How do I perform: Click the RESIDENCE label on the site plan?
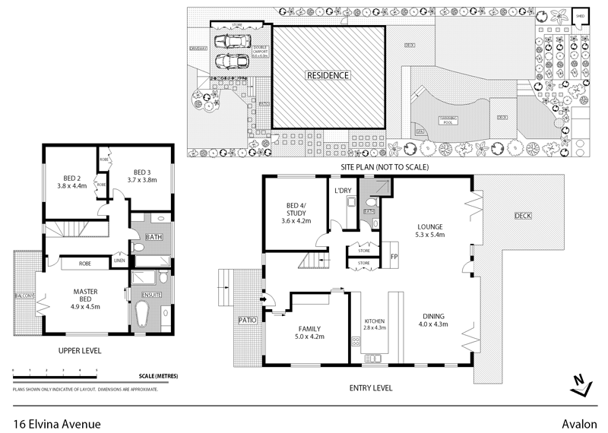[328, 75]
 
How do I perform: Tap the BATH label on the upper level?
[154, 238]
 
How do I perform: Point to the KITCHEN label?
[375, 320]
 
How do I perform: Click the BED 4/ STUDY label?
[293, 210]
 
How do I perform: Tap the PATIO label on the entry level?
[248, 320]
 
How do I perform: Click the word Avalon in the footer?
[581, 423]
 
